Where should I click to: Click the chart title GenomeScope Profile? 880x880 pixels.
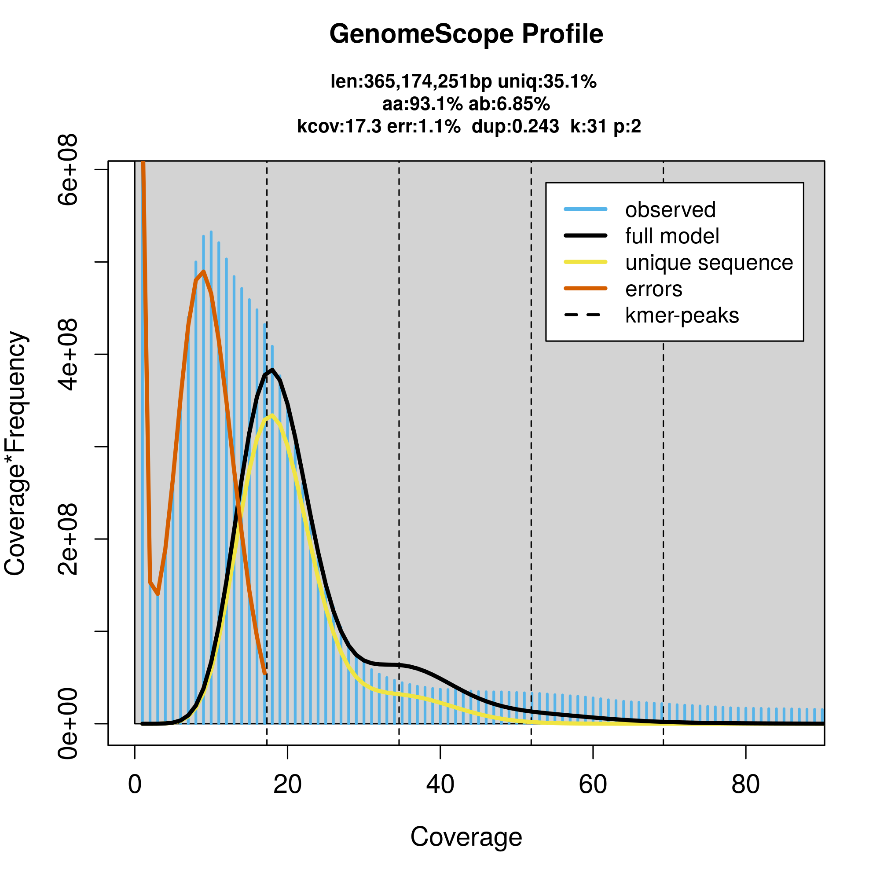coord(466,34)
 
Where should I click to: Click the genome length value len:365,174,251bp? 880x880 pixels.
coord(411,82)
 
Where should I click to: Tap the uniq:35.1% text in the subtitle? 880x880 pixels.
coord(547,82)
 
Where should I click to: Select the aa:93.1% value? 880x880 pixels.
coord(422,104)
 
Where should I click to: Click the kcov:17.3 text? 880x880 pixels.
coord(339,126)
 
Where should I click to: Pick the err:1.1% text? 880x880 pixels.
coord(424,126)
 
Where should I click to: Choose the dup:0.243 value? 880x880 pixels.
coord(515,126)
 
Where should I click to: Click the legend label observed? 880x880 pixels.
coord(670,210)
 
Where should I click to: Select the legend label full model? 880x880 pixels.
coord(672,236)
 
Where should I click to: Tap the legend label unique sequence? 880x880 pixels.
coord(709,263)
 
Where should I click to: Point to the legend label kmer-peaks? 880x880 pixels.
coord(682,315)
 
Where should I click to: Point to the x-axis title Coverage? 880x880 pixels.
coord(466,837)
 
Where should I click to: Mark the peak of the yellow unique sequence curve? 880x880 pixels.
coord(272,415)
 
